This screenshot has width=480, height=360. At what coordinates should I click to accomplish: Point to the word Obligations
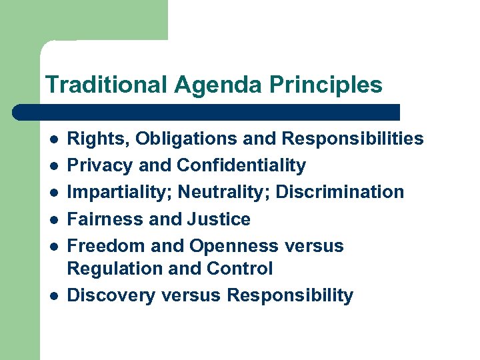(167, 139)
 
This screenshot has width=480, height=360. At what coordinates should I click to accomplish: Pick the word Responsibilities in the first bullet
(353, 139)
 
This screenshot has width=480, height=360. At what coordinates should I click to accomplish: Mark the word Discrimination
(339, 192)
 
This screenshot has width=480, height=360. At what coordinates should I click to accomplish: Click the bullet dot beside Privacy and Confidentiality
(52, 166)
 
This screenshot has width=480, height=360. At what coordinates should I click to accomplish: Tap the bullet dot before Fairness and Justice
(52, 219)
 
